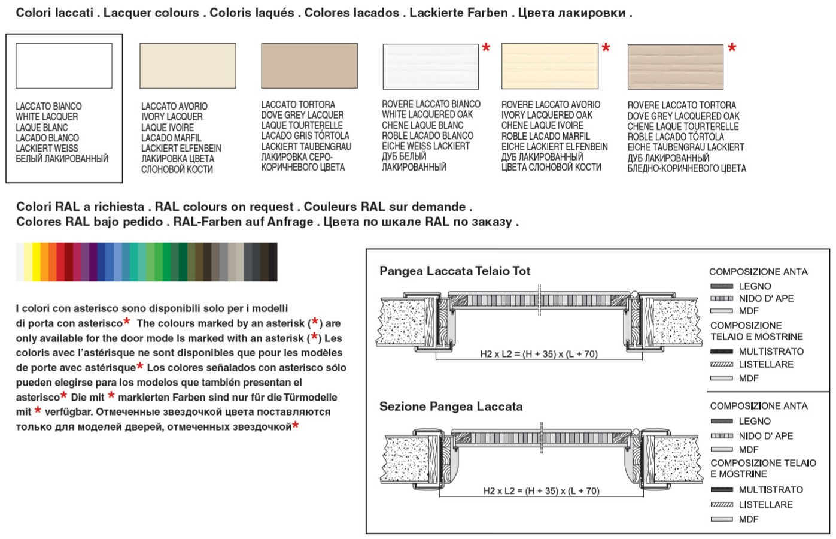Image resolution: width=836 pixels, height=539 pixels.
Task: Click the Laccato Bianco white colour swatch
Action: coord(63,66)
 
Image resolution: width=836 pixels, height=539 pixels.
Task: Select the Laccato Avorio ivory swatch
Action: coord(187,66)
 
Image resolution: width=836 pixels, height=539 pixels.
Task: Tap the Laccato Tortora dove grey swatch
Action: coord(309,66)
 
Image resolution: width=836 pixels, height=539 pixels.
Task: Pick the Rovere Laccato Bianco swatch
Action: coord(430,66)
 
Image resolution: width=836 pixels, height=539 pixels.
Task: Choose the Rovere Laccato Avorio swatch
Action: coord(549,66)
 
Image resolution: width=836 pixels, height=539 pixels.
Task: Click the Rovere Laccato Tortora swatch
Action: coord(675,66)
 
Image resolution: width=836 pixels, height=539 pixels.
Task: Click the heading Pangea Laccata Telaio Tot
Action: coord(455,271)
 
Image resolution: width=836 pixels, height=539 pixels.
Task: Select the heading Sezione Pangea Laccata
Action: coord(451,407)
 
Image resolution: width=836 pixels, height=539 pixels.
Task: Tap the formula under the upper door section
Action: coord(539,354)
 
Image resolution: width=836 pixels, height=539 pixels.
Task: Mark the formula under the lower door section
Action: coord(541,491)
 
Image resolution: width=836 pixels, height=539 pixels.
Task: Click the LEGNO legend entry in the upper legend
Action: coord(755,286)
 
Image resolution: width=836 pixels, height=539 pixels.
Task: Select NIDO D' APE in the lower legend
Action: coord(765,436)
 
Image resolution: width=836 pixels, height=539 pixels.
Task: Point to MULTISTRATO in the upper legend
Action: coord(771,352)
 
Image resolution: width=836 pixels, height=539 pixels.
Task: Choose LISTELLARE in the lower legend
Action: coord(765,505)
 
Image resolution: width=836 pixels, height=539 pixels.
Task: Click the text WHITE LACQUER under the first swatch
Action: coord(47,117)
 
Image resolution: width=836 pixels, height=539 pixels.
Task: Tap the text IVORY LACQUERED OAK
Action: coord(546,115)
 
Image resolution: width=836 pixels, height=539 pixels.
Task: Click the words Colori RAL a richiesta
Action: coord(80,207)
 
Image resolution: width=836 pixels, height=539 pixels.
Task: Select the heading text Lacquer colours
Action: coord(151,13)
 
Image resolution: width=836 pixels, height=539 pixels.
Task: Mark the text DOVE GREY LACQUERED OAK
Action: coord(683,116)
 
